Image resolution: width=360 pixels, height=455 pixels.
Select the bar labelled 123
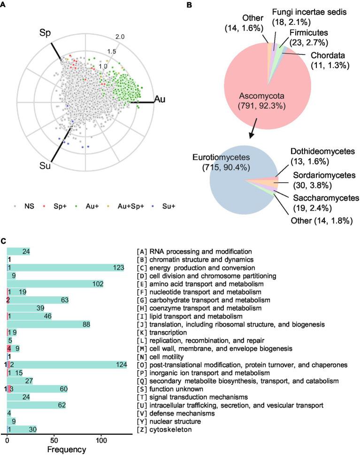(x=66, y=268)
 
